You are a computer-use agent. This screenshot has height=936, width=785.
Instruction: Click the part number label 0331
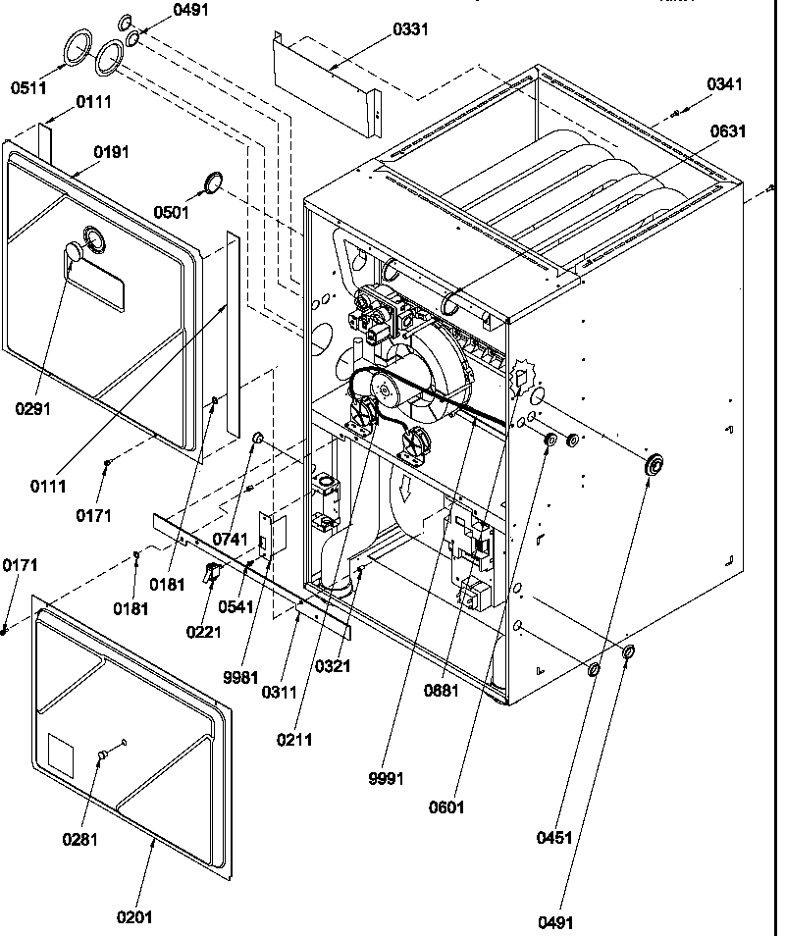[410, 29]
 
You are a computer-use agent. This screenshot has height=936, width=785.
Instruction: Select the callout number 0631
[729, 131]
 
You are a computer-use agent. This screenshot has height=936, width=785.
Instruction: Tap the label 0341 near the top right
[724, 85]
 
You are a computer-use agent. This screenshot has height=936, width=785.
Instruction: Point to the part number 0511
[28, 88]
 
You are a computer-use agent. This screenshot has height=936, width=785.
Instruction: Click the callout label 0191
[111, 152]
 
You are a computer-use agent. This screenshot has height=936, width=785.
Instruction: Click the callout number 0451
[553, 838]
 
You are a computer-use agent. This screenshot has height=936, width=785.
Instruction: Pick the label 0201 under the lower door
[135, 916]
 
